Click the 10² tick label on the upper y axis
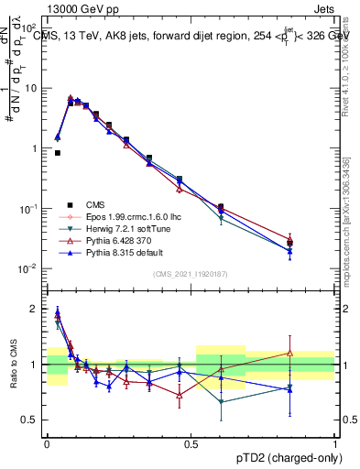pos(29,28)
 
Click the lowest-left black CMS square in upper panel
pos(58,153)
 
